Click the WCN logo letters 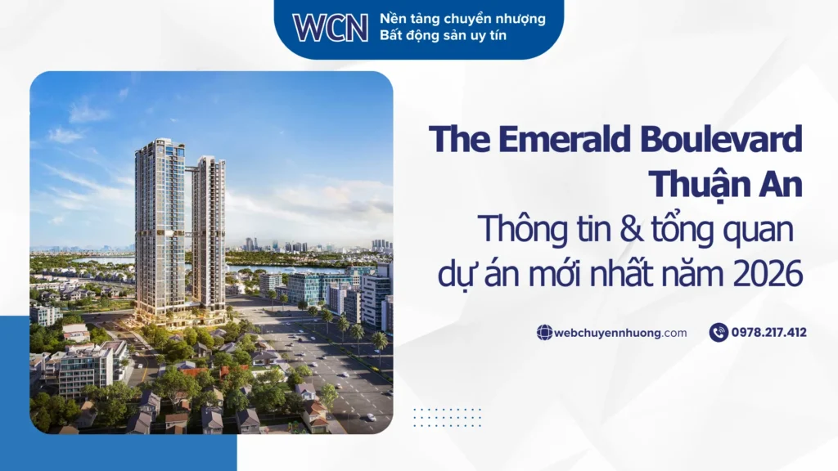click(331, 27)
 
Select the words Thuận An click(725, 184)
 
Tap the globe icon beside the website click(544, 333)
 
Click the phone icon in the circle click(719, 332)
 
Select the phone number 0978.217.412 click(769, 333)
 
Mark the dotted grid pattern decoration click(447, 417)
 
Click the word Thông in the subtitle click(516, 230)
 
